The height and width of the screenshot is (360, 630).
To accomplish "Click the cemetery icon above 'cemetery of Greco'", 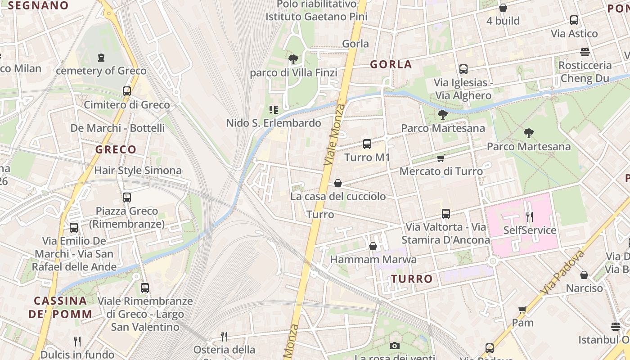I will [101, 58].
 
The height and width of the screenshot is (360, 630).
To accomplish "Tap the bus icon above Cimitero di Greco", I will [127, 91].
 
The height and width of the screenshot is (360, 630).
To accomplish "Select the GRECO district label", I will [116, 149].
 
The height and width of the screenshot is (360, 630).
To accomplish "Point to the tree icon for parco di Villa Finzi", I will [293, 59].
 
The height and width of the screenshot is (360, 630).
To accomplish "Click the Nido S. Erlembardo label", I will [274, 123].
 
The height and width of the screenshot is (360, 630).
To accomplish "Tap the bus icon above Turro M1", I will [367, 144].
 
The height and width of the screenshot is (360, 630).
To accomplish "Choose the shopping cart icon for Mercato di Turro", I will [441, 158].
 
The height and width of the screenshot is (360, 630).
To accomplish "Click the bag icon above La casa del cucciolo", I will [338, 183].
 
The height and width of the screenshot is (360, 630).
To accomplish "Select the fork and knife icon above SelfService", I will [530, 217].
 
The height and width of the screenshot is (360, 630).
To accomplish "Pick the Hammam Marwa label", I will [373, 260].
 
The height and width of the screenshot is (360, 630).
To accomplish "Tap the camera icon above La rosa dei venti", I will [395, 346].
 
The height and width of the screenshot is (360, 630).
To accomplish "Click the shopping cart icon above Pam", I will [522, 310].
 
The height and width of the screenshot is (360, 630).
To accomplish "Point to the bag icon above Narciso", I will [584, 274].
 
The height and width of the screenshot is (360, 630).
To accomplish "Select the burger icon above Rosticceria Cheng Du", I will [585, 52].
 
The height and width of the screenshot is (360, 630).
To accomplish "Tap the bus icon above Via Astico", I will [574, 20].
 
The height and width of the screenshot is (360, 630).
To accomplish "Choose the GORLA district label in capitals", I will [391, 64].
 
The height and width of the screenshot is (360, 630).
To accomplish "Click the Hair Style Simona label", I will [138, 171].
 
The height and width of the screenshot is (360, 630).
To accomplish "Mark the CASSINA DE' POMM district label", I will [60, 307].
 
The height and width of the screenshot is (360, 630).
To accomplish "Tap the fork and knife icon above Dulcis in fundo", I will [77, 341].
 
